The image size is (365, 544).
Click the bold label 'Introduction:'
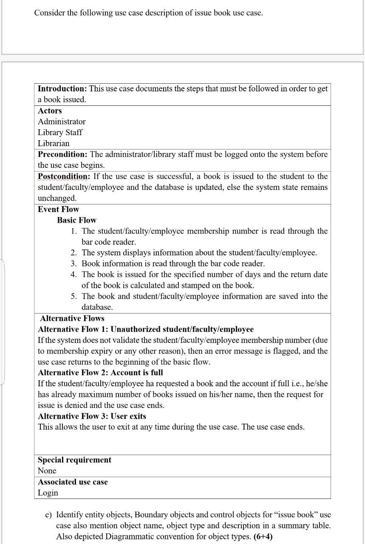click(x=62, y=89)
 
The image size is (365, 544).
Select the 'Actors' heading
click(x=50, y=111)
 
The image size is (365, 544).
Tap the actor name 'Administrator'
click(x=62, y=122)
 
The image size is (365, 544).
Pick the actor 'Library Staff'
click(x=60, y=133)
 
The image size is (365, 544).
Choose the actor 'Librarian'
click(x=54, y=144)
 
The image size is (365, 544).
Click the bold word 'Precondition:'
click(x=63, y=154)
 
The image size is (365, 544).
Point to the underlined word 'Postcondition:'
click(x=64, y=176)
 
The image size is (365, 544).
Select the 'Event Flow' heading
click(x=58, y=209)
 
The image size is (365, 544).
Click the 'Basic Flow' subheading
click(x=76, y=220)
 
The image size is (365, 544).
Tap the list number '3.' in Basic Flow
click(x=74, y=263)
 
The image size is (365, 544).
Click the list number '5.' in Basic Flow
click(x=74, y=296)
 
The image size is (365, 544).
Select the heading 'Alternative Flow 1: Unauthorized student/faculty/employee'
click(x=146, y=329)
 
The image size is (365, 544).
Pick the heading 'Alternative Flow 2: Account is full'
click(x=100, y=373)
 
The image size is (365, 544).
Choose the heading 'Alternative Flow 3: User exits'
click(x=92, y=416)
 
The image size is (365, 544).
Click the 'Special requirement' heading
click(x=74, y=460)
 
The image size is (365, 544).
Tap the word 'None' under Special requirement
click(x=47, y=471)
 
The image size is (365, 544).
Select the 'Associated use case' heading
click(x=73, y=482)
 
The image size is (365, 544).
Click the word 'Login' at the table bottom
click(x=48, y=493)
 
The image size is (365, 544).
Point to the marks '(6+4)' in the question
click(x=263, y=536)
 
